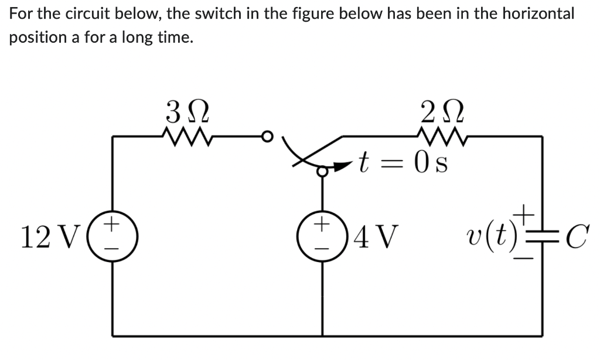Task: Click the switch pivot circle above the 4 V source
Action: point(321,171)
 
